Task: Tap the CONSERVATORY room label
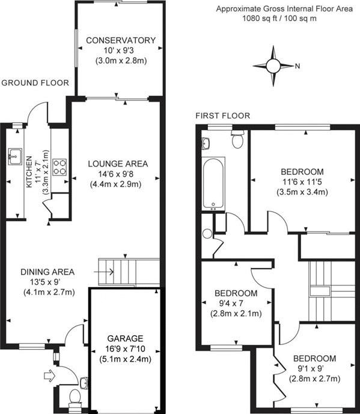[121, 40]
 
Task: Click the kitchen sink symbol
[14, 158]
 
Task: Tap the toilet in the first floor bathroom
[237, 140]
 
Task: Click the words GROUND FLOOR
[35, 83]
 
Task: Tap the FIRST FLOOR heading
[222, 115]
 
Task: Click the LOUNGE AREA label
[117, 163]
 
